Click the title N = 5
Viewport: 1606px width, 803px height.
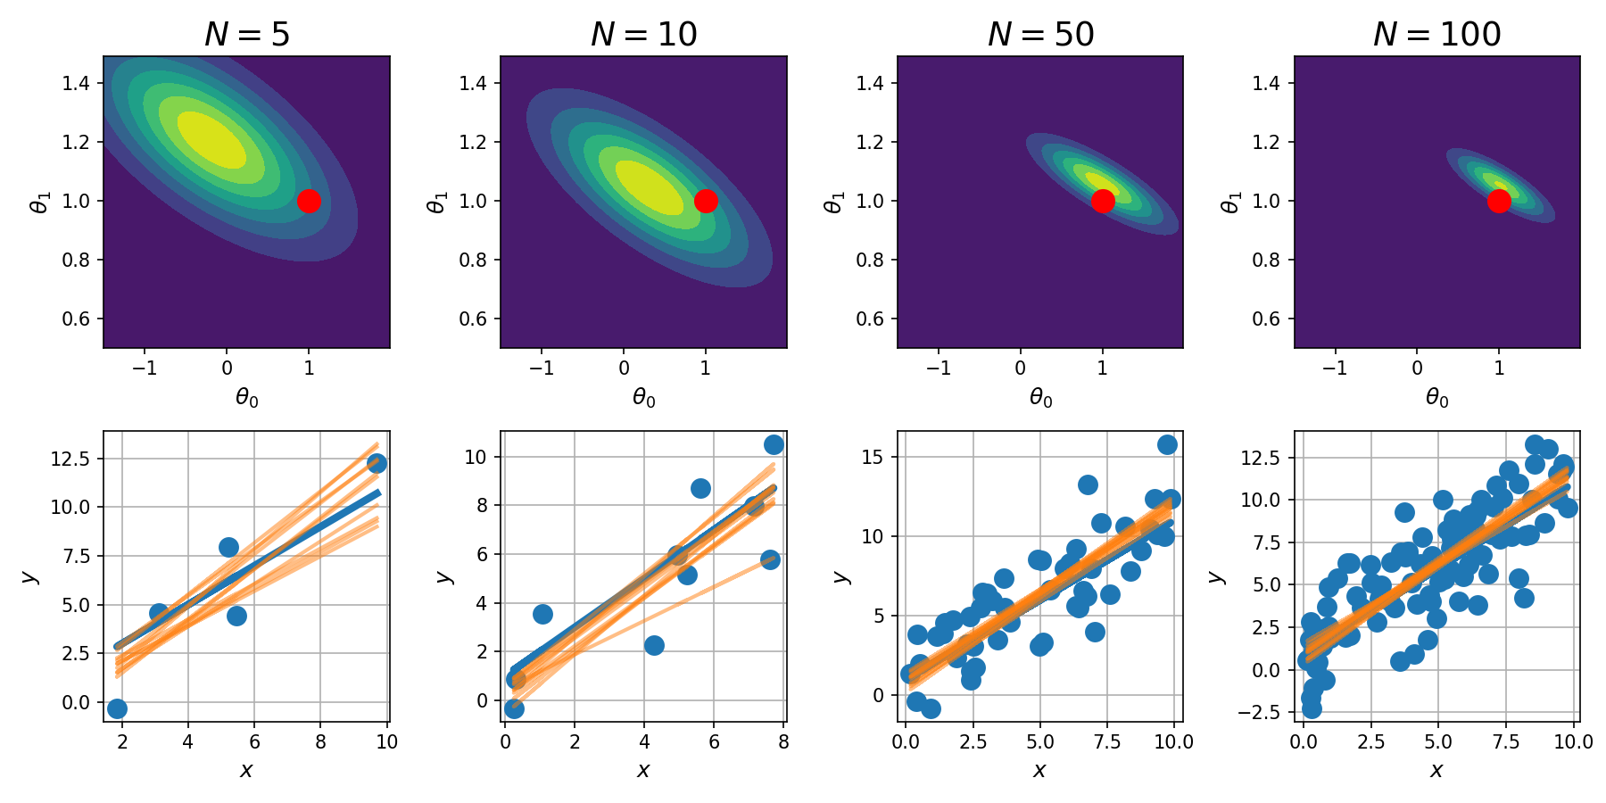tap(247, 34)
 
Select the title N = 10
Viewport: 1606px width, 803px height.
tap(643, 34)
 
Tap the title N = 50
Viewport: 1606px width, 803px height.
tap(1040, 34)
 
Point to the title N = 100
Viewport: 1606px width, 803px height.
tap(1436, 34)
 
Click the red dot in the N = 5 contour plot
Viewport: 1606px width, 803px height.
tap(309, 201)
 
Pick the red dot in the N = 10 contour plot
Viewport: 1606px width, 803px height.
tap(706, 201)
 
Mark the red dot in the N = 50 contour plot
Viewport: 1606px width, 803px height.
tap(1103, 201)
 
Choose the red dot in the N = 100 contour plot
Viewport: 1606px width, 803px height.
tap(1499, 201)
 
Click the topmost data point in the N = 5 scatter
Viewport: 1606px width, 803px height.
tap(377, 463)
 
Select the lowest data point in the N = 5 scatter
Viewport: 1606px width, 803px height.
tap(117, 708)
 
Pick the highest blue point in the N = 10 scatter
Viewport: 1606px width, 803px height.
tap(774, 444)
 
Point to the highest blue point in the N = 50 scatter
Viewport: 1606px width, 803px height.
tap(1167, 444)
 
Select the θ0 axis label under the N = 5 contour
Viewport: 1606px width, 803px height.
tap(247, 398)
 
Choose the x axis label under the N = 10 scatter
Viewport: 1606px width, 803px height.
tap(643, 770)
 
